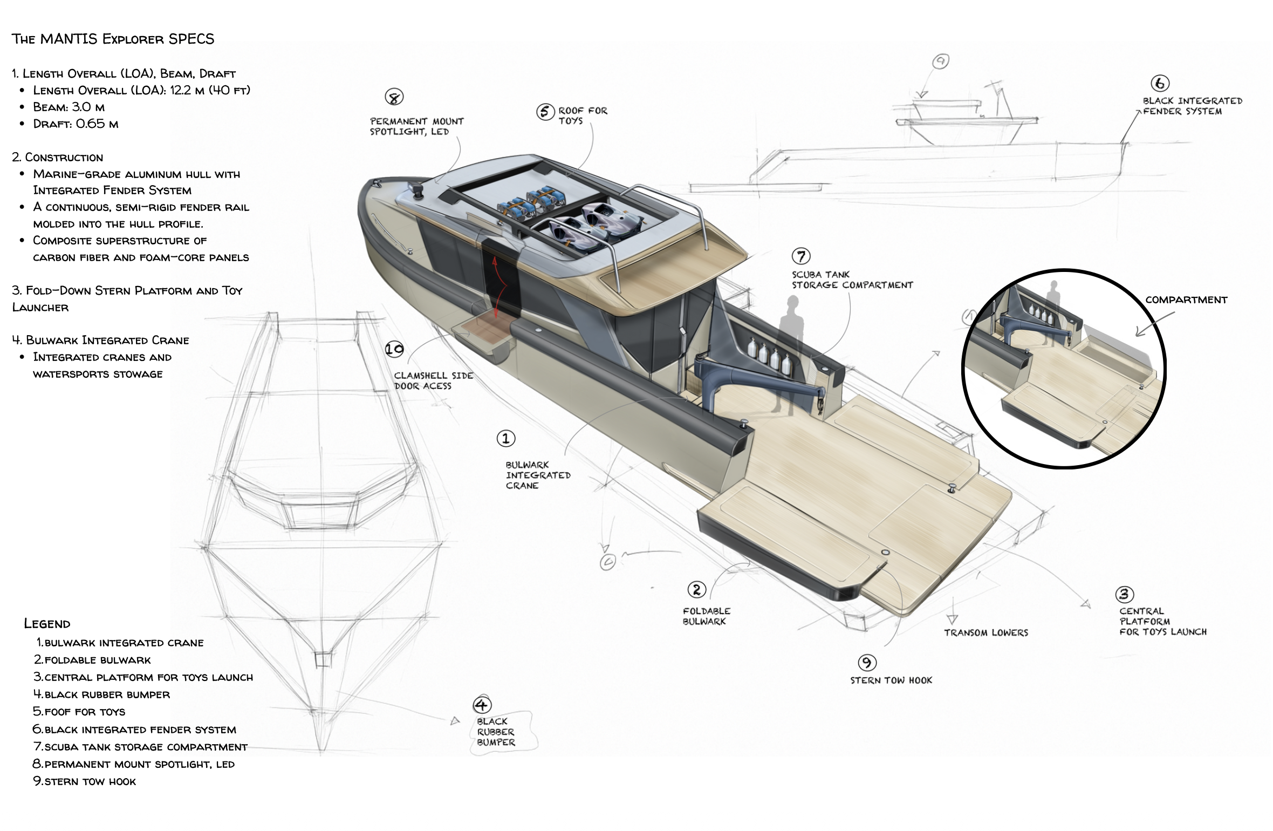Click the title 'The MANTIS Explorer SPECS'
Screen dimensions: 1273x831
[x=113, y=39]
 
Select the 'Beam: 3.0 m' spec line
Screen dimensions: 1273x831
[x=69, y=107]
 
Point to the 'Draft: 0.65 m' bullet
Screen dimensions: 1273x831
[x=76, y=124]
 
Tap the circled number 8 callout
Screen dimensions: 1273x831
[x=394, y=97]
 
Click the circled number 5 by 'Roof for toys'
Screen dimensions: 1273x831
[x=545, y=112]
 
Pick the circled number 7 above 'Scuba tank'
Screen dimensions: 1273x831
[x=801, y=256]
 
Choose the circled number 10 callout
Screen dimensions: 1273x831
[x=394, y=349]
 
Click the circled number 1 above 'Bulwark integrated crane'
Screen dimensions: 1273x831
[x=506, y=438]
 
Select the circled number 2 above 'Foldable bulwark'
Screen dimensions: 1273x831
[x=696, y=589]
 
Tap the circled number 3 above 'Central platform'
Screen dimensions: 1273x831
[x=1125, y=594]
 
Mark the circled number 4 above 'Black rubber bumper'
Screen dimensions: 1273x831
[x=482, y=705]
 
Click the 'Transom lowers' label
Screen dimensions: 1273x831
[x=986, y=632]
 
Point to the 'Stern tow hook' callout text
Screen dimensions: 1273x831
[x=891, y=680]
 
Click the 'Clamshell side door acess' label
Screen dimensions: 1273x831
[x=433, y=380]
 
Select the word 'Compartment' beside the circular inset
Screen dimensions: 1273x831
[x=1186, y=300]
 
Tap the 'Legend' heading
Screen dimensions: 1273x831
[x=47, y=624]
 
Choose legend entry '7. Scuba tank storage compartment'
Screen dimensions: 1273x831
[x=140, y=747]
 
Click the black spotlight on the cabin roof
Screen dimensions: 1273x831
[x=416, y=190]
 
